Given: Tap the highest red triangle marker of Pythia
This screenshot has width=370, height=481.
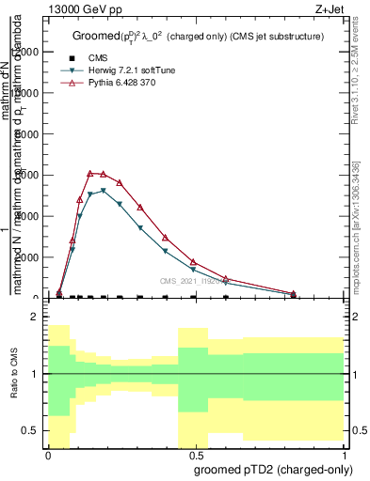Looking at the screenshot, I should coord(90,173).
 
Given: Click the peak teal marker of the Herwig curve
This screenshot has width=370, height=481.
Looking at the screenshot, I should coord(104,191).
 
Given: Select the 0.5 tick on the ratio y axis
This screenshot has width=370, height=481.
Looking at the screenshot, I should coord(31,430).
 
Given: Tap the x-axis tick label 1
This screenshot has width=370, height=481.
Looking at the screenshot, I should coord(344,454).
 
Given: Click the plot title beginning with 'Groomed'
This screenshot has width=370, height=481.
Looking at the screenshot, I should coord(198,36).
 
